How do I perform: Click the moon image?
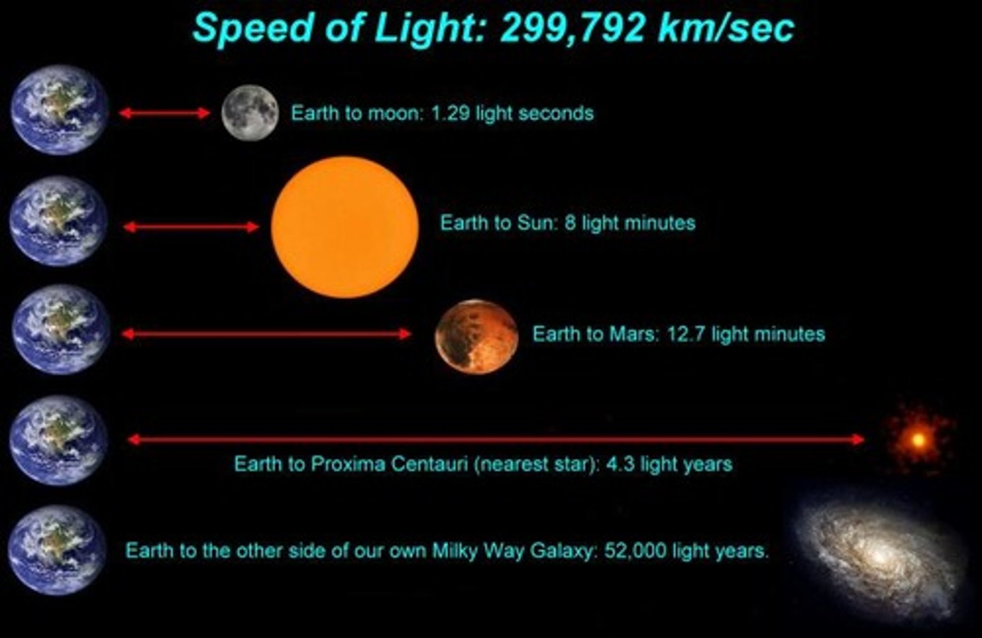tap(250, 112)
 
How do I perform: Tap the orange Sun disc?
tap(344, 226)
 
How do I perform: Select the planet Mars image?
tap(476, 337)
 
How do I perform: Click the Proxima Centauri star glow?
tap(918, 440)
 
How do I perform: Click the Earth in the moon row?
tap(59, 110)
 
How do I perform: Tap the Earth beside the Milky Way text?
tap(58, 550)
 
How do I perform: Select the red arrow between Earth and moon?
tap(164, 113)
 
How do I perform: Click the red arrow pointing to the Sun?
tap(191, 226)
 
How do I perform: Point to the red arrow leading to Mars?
tap(266, 334)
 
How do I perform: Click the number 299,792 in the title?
tap(572, 29)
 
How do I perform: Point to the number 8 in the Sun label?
tap(569, 223)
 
